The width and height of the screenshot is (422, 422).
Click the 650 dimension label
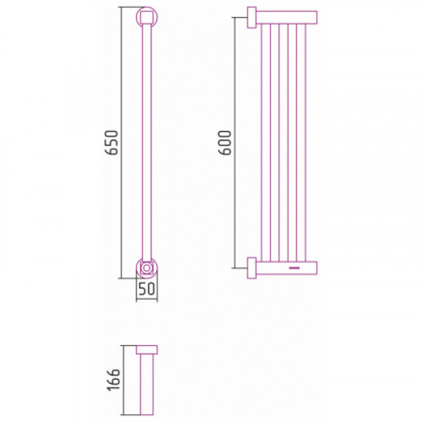(x=111, y=143)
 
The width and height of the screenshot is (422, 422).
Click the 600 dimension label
(x=225, y=143)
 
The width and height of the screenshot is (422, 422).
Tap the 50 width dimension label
(x=147, y=289)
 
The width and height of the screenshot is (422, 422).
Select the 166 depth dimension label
(x=114, y=380)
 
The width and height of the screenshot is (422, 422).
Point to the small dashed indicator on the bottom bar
(x=295, y=268)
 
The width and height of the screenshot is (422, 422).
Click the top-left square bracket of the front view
(x=252, y=18)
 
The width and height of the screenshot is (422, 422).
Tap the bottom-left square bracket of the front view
(x=252, y=268)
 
